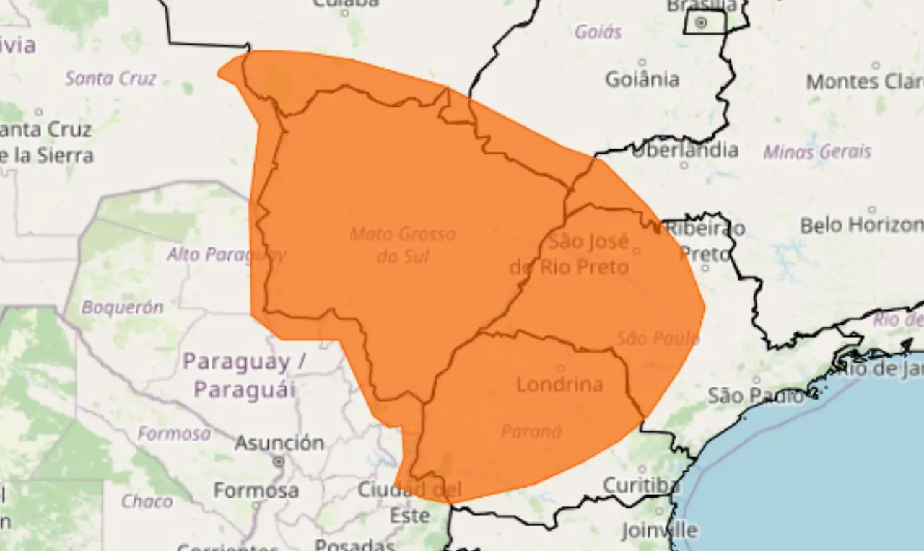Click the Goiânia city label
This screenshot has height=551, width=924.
(x=642, y=79)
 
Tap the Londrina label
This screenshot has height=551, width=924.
(x=559, y=384)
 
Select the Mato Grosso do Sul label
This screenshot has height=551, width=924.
(x=403, y=244)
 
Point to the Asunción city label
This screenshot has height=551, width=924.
(x=279, y=442)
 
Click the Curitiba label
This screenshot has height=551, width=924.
(x=641, y=485)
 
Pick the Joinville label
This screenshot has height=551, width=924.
(x=659, y=531)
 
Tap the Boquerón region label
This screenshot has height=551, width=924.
(x=122, y=307)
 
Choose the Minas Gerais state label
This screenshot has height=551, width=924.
(x=817, y=152)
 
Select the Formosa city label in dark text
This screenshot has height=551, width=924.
(x=256, y=490)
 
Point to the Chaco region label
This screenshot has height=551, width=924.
(x=147, y=501)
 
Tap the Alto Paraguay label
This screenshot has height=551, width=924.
(x=226, y=255)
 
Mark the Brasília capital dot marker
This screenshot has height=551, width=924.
(x=701, y=23)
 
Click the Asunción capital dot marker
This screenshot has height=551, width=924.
(x=279, y=460)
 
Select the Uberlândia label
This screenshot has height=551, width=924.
(x=684, y=150)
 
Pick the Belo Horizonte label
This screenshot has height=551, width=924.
(x=861, y=225)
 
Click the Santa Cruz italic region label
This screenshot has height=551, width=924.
(x=110, y=79)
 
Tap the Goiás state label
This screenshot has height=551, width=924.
(x=598, y=32)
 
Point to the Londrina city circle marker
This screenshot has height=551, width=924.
(x=560, y=368)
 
